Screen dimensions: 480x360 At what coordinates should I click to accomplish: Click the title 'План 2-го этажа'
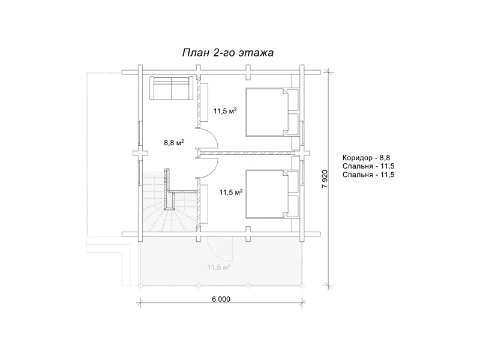[x=228, y=53]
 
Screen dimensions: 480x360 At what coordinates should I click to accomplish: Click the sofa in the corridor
[x=171, y=88]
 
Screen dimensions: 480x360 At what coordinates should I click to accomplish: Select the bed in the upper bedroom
[x=272, y=112]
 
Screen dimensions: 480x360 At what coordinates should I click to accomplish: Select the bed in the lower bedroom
[x=272, y=194]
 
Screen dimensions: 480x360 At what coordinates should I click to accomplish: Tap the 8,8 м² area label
[x=174, y=142]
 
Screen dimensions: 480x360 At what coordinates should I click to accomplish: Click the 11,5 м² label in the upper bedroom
[x=226, y=111]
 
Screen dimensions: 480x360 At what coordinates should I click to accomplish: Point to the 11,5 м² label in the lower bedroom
[x=231, y=192]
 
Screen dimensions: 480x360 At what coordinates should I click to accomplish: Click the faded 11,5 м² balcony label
[x=219, y=267]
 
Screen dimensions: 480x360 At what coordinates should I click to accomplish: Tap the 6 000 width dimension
[x=221, y=299]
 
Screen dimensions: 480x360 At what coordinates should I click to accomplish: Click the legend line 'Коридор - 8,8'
[x=366, y=158]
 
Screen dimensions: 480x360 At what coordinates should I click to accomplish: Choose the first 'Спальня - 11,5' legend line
[x=368, y=166]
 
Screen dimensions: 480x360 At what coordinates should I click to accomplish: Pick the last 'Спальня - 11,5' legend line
[x=368, y=175]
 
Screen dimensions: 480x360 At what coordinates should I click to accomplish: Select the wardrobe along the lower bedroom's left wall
[x=205, y=204]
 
